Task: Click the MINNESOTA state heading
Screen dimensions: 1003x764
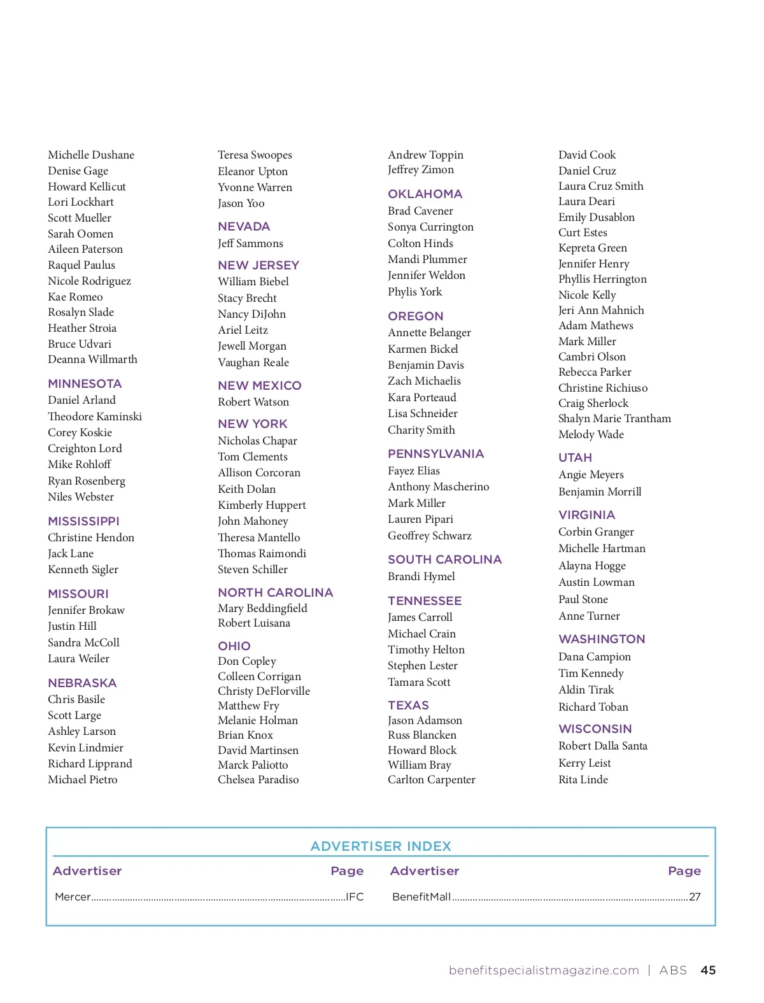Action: point(85,383)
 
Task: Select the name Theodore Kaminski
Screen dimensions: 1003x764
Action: point(95,416)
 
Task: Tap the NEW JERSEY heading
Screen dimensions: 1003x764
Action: point(258,265)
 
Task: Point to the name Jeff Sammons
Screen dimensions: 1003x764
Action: point(250,243)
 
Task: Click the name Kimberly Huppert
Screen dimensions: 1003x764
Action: point(262,505)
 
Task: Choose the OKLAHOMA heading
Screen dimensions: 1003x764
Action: point(425,194)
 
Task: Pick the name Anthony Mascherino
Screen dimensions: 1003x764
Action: point(439,487)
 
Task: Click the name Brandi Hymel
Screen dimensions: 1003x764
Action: point(421,576)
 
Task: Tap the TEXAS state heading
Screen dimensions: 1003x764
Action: point(408,705)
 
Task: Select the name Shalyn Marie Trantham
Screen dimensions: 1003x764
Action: point(614,418)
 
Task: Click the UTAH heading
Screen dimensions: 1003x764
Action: point(575,457)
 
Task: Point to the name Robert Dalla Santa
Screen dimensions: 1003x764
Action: point(603,746)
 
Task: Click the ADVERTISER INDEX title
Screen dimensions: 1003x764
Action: point(381,846)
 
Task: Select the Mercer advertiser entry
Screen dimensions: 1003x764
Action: point(73,897)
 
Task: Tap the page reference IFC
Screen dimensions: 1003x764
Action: point(355,897)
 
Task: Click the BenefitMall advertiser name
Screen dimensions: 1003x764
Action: point(421,897)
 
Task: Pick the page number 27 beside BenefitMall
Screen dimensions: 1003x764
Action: point(695,897)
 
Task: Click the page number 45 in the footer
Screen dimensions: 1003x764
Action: point(708,970)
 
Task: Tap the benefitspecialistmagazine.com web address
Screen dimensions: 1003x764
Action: point(544,970)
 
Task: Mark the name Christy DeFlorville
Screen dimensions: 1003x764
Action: point(264,691)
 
